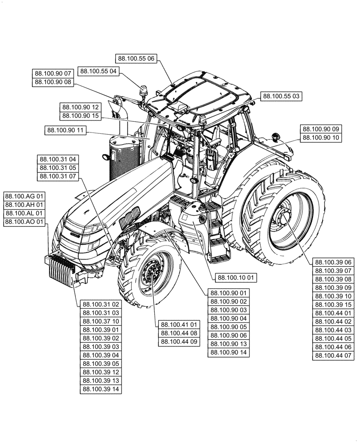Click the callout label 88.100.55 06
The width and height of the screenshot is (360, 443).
point(137,58)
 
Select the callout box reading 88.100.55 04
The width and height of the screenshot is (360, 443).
point(98,71)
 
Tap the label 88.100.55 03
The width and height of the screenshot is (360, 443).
point(281,96)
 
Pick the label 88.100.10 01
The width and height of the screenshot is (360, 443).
point(236,278)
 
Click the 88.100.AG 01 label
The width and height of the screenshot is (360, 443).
point(24,196)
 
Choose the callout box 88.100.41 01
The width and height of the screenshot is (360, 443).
point(179,324)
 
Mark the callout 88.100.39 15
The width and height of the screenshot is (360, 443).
point(333,305)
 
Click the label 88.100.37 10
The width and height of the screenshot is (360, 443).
point(101,321)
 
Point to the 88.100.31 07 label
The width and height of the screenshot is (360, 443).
point(58,176)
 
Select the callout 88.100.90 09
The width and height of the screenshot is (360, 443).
point(321,129)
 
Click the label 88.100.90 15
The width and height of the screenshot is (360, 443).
point(80,116)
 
